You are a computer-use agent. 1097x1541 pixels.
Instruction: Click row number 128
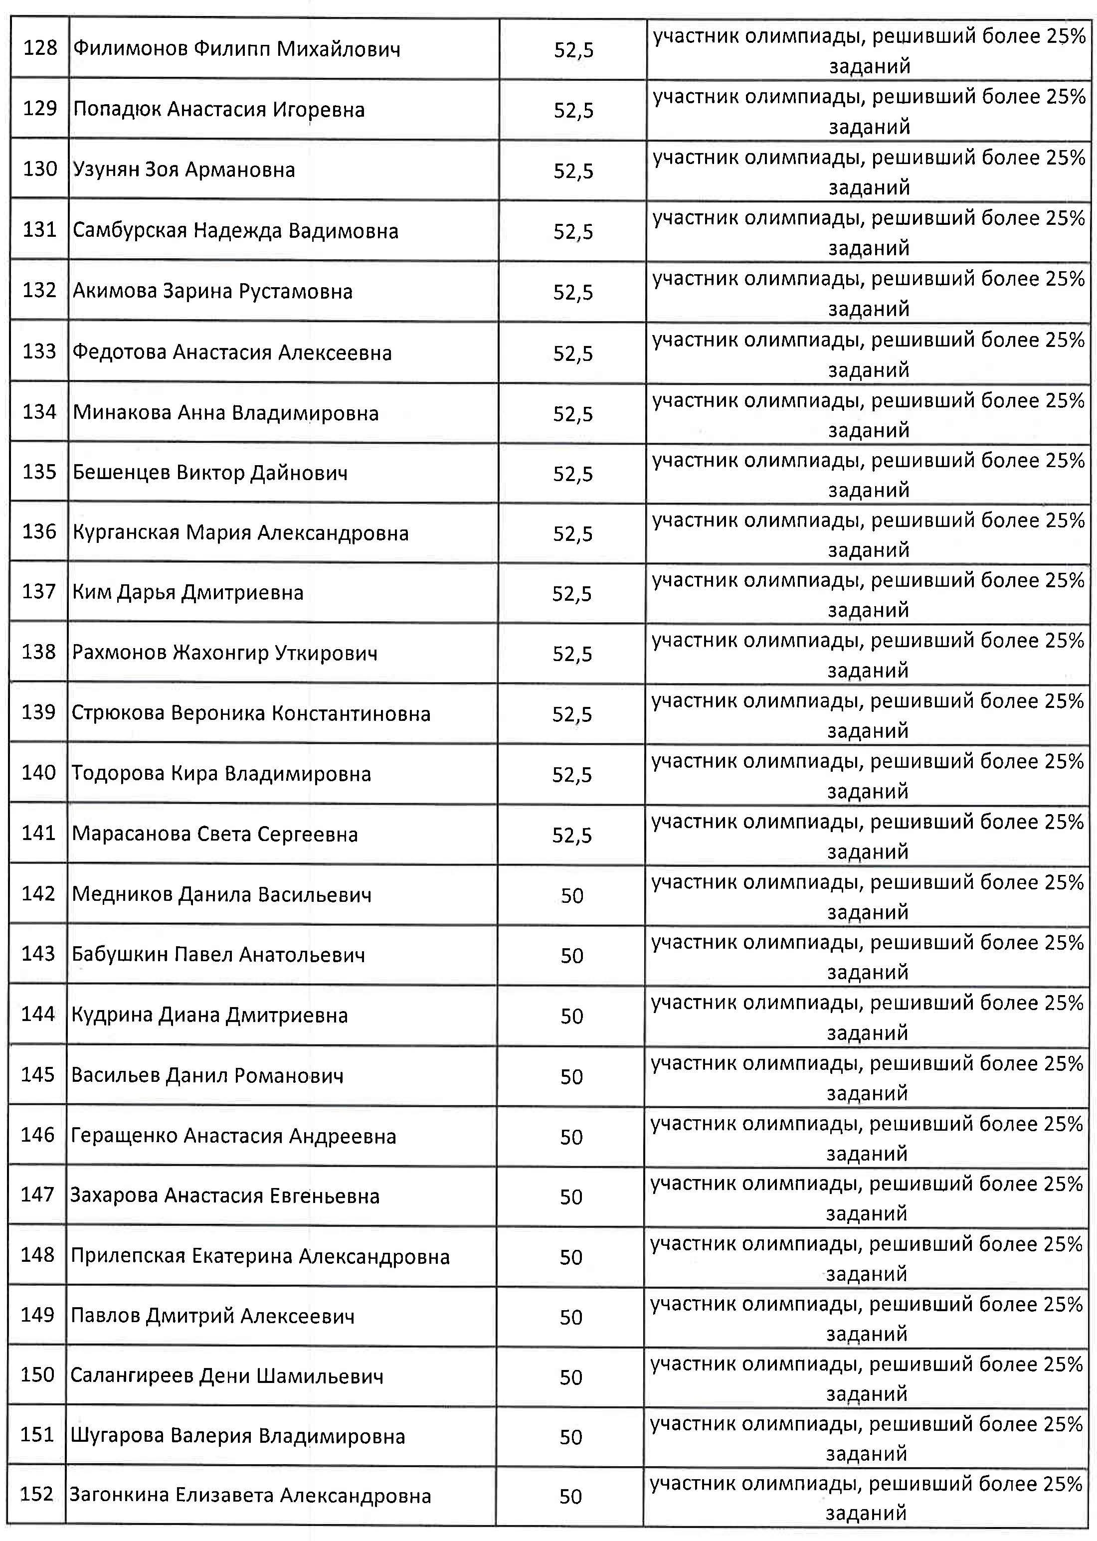[40, 49]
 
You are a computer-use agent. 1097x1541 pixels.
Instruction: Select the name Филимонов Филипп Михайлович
[236, 49]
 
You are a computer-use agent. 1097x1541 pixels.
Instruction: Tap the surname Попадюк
[116, 109]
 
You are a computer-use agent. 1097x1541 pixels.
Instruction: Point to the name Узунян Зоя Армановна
[183, 170]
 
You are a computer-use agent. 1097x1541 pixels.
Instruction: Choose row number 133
[39, 351]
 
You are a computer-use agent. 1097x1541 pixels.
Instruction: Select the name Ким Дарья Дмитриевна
[188, 593]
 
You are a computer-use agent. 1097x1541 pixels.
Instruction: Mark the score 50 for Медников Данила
[571, 896]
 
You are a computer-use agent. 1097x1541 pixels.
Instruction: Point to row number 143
[38, 954]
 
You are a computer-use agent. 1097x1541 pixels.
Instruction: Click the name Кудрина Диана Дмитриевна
[209, 1015]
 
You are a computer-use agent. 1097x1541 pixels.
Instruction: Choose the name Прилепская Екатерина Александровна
[260, 1256]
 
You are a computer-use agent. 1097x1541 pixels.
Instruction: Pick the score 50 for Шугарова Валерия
[571, 1437]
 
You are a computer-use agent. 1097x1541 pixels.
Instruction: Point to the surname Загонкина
[119, 1496]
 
